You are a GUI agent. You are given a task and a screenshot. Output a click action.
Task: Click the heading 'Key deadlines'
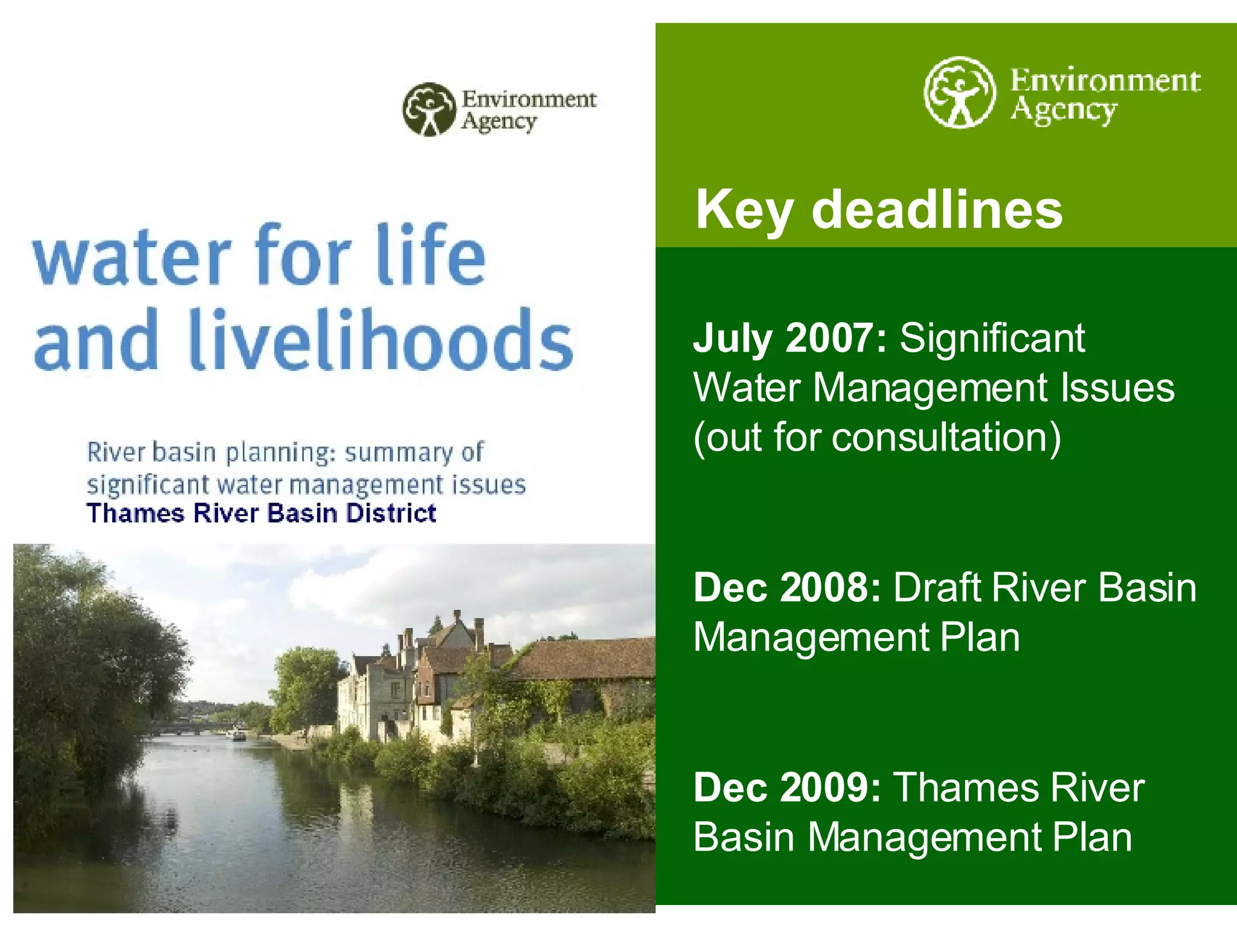coord(879,209)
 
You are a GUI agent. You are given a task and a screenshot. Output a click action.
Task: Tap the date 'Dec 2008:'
coord(788,587)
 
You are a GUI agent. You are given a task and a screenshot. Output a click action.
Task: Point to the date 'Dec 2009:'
coord(788,787)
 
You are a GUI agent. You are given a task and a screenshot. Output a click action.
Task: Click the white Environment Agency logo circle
coord(959,92)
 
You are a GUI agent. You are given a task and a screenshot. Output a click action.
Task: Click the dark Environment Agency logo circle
coord(429,109)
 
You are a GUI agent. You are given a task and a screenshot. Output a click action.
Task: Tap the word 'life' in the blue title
coord(431,254)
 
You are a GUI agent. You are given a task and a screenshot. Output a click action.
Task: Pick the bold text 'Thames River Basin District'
coord(261,514)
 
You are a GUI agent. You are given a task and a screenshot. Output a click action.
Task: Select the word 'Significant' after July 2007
coord(992,338)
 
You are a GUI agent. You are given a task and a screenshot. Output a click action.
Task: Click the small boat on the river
coord(236,735)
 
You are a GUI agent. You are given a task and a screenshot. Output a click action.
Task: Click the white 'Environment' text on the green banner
coord(1105,81)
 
